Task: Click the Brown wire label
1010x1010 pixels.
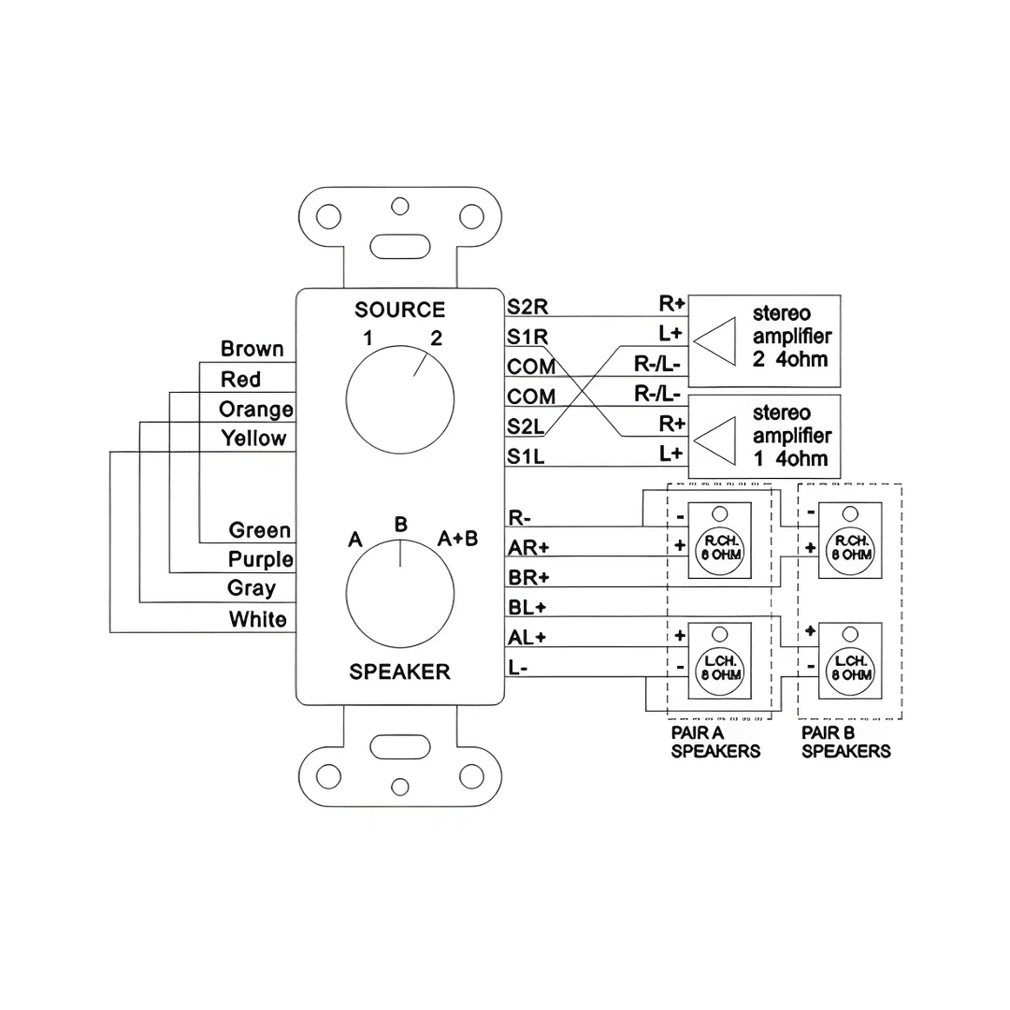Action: click(252, 349)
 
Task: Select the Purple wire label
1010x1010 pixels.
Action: click(260, 559)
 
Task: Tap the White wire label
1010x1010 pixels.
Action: click(257, 619)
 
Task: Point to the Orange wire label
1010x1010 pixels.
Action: click(255, 410)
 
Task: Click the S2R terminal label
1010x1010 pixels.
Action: click(527, 306)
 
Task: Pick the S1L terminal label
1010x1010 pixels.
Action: click(527, 456)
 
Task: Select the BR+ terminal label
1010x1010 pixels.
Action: click(528, 577)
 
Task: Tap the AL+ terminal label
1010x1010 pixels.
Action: click(527, 638)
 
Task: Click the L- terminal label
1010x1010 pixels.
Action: click(518, 668)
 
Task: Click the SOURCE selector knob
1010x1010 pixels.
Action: click(400, 403)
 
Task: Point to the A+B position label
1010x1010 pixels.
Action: click(458, 538)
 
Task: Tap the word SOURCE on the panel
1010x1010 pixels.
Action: click(399, 310)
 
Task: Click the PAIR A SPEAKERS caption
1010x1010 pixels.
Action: click(715, 743)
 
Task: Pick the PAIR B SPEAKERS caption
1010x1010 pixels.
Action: click(845, 743)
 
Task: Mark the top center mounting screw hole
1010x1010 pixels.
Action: click(400, 205)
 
